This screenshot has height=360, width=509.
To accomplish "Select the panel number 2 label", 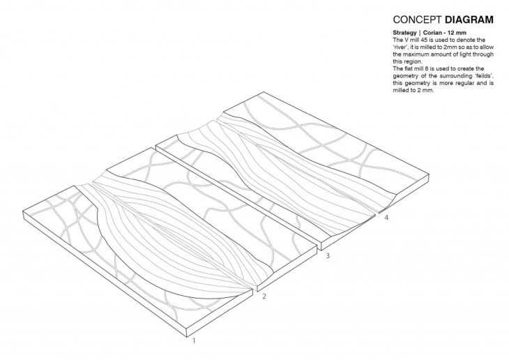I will tap(264, 297).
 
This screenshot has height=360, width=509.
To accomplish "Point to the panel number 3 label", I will tap(328, 257).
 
